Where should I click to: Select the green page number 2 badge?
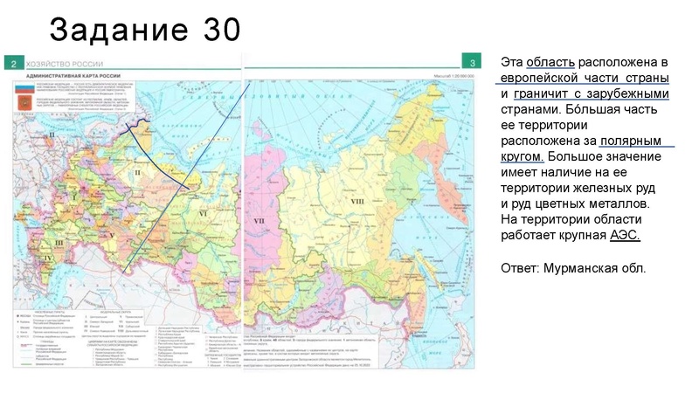click(14, 64)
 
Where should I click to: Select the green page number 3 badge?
click(472, 64)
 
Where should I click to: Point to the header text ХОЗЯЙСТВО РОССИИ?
click(65, 64)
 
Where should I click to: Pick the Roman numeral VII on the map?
click(259, 222)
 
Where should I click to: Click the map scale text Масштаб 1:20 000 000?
click(446, 77)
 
